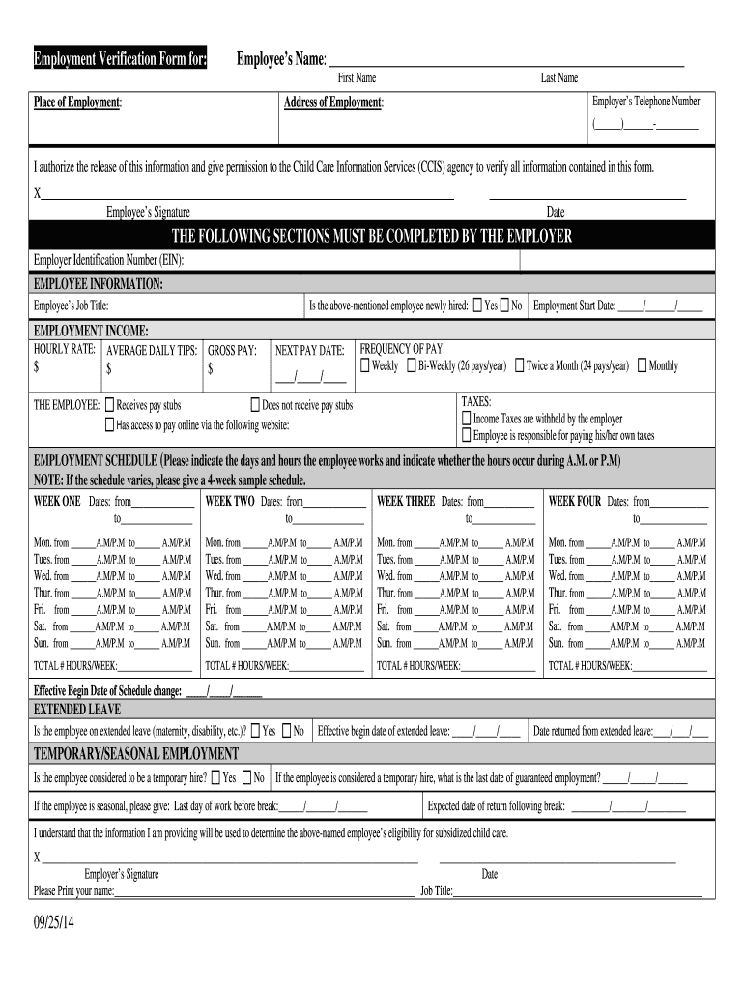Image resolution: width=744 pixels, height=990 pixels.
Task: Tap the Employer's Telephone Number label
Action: pos(645,102)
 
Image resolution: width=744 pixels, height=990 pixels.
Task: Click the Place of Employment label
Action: pos(77,102)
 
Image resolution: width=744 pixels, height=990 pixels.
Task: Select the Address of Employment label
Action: pos(333,102)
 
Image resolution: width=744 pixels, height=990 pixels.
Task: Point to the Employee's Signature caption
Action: pos(148,212)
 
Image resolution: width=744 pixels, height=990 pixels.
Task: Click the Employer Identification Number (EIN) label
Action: pos(108,261)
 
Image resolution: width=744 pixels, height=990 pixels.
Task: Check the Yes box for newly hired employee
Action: pos(477,306)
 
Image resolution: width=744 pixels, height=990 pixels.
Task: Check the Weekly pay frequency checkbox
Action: pos(364,365)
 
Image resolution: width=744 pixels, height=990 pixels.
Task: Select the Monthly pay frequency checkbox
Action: pos(643,365)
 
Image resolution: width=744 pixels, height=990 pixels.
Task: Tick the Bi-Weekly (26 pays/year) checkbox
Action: pos(411,365)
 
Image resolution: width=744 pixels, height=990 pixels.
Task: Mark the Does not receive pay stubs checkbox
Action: pos(255,405)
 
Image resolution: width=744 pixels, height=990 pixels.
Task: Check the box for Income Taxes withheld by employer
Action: pos(467,419)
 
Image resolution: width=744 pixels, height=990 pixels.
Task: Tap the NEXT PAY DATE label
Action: pos(309,350)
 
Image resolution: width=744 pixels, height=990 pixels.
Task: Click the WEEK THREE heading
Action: pos(406,502)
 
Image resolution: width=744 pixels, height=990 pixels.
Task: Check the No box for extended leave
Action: pos(287,731)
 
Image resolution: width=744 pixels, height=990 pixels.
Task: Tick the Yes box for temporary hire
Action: pos(215,777)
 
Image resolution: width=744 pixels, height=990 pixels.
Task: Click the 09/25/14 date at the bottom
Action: pos(53,924)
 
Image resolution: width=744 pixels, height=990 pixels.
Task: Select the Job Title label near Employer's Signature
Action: pos(436,891)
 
